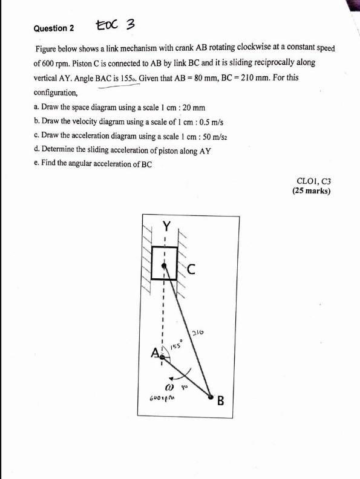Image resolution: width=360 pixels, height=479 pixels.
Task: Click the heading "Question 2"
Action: (x=53, y=28)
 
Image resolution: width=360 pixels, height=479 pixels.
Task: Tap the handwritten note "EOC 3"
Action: (x=114, y=25)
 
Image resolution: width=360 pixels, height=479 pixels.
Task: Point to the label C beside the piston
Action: (x=190, y=269)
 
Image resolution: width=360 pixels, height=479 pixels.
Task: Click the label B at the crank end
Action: (x=221, y=400)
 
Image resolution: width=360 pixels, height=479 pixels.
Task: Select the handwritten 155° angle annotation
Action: (x=176, y=345)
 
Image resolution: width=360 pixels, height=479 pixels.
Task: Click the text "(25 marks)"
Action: (x=311, y=191)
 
